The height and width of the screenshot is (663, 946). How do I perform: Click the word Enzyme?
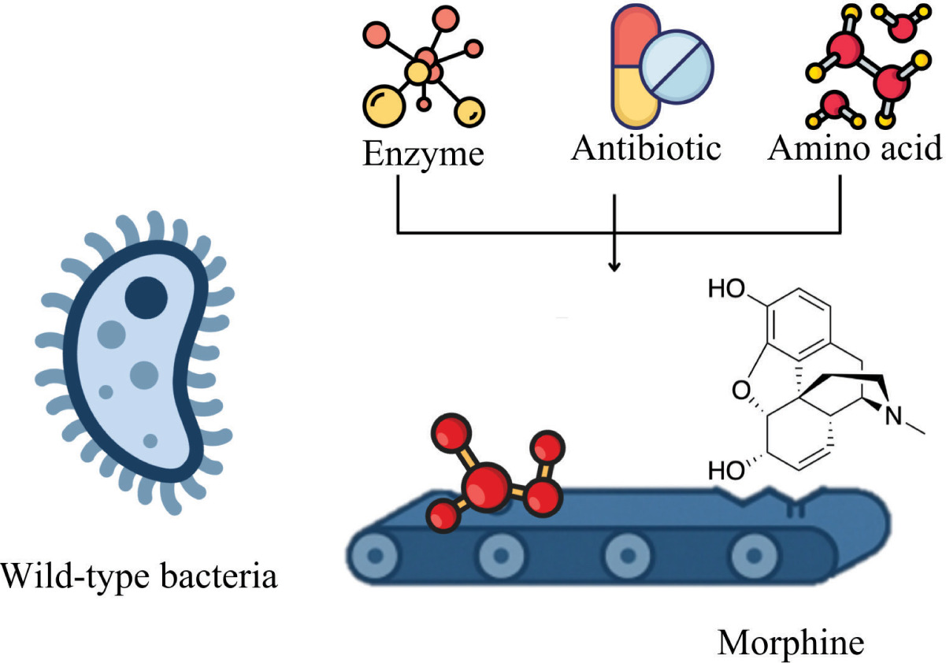pos(422,152)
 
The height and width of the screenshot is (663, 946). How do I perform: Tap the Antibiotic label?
pos(647,146)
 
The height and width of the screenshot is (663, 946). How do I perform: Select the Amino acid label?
pos(855,147)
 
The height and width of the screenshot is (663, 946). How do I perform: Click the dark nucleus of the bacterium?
pos(146,298)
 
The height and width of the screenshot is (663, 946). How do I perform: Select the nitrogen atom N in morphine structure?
pos(894,416)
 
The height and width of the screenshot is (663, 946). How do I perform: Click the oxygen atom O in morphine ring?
pos(738,389)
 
